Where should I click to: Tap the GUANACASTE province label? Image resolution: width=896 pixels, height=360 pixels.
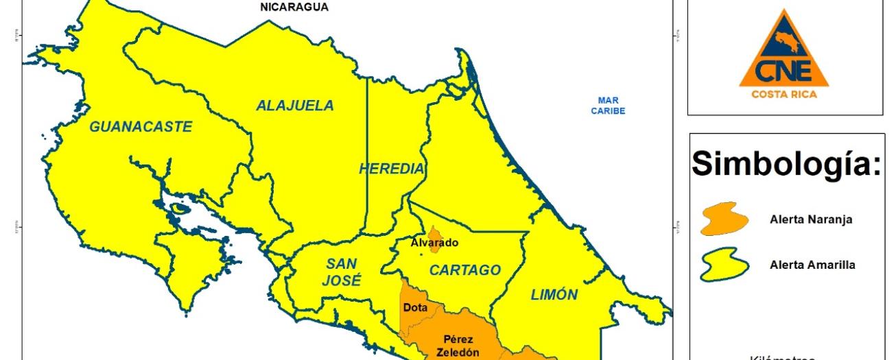[141, 127]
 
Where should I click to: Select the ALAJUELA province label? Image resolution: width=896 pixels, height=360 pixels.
[295, 106]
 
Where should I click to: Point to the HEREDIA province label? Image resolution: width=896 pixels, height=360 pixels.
[391, 169]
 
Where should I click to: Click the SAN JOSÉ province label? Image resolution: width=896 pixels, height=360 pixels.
[341, 272]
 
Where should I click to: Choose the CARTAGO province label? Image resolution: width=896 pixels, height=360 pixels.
[465, 270]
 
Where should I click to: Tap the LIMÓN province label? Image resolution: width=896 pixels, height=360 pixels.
[554, 295]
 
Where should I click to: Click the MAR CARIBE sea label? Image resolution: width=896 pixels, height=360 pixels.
[608, 106]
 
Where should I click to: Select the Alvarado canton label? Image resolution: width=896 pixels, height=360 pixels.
[434, 243]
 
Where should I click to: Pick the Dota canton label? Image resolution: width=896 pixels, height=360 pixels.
[415, 308]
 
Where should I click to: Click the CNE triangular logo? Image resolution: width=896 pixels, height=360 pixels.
[783, 51]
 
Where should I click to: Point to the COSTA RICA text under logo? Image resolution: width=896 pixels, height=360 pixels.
[784, 94]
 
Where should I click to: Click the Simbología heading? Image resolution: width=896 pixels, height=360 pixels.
[786, 163]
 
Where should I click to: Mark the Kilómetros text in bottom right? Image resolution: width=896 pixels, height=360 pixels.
[783, 357]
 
